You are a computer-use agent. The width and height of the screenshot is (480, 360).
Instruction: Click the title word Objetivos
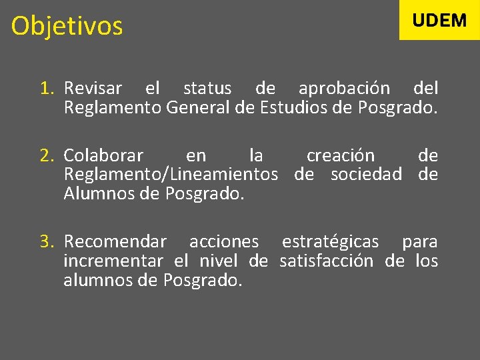tap(67, 27)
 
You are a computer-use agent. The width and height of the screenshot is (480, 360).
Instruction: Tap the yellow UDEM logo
tap(439, 20)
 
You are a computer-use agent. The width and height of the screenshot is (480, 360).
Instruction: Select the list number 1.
tap(46, 88)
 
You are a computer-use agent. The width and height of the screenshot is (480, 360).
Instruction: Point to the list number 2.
tap(46, 156)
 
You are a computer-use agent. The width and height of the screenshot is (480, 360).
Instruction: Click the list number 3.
tap(46, 241)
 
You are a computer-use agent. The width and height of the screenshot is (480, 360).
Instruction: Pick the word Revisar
tap(93, 88)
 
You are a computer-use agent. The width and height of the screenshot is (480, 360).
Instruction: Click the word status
tap(207, 88)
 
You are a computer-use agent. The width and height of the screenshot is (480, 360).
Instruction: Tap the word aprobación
tap(344, 88)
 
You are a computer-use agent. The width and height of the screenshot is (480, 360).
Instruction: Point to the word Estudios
tap(290, 107)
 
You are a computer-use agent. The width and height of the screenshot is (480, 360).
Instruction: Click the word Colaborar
tap(103, 156)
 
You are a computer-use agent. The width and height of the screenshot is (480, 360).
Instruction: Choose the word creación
tap(341, 156)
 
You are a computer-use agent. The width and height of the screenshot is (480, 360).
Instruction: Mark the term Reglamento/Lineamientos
tap(171, 175)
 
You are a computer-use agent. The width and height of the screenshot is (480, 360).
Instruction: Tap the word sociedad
tap(367, 175)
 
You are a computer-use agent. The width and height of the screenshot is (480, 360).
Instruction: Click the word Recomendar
tap(115, 241)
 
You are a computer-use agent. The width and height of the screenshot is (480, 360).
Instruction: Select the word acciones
tap(224, 241)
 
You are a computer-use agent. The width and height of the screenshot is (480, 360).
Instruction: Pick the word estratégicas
tap(330, 241)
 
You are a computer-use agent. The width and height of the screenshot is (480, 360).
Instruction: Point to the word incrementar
tap(113, 261)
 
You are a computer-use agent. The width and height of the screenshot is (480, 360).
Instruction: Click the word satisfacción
tap(327, 261)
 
